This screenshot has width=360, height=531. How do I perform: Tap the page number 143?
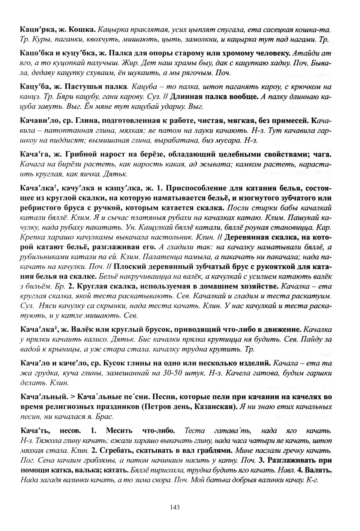pyautogui.click(x=175, y=507)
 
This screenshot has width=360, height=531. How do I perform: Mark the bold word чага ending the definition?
pyautogui.click(x=323, y=154)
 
